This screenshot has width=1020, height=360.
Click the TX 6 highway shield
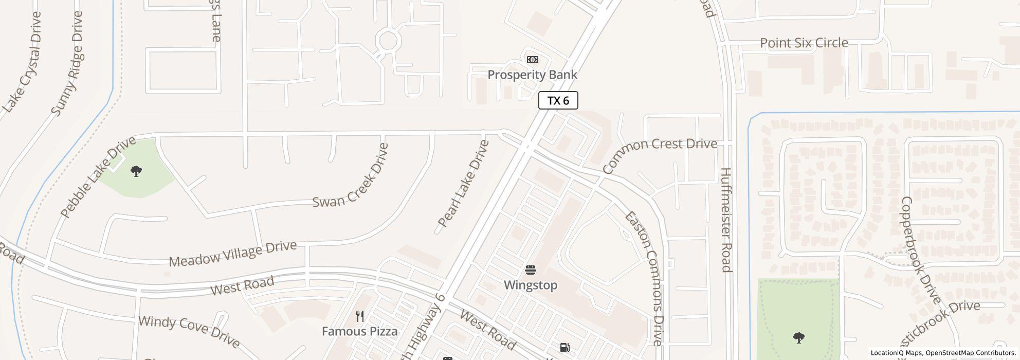coord(558,100)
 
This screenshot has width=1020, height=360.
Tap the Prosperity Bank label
coord(532,75)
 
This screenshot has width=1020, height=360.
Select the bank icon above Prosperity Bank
coord(532,60)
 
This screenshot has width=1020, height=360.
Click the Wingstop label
coord(531,285)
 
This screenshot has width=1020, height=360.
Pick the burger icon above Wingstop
coord(531,270)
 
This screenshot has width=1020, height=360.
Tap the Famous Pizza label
coord(359,331)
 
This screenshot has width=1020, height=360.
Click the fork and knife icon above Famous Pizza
coord(360,316)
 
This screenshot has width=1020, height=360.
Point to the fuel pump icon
coord(564,348)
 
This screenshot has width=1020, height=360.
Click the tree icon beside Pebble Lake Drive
coord(136,171)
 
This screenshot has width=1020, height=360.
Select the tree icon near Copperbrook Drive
coord(798,338)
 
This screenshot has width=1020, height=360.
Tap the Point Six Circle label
coord(804,43)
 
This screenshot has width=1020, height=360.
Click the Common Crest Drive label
coord(659,154)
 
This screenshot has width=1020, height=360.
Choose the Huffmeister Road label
coord(726,220)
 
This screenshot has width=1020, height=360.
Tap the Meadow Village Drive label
coord(232,254)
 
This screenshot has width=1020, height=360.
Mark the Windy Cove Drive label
coord(189,332)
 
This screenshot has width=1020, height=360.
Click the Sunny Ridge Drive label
coord(67,63)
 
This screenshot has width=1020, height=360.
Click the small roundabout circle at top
coord(387,40)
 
